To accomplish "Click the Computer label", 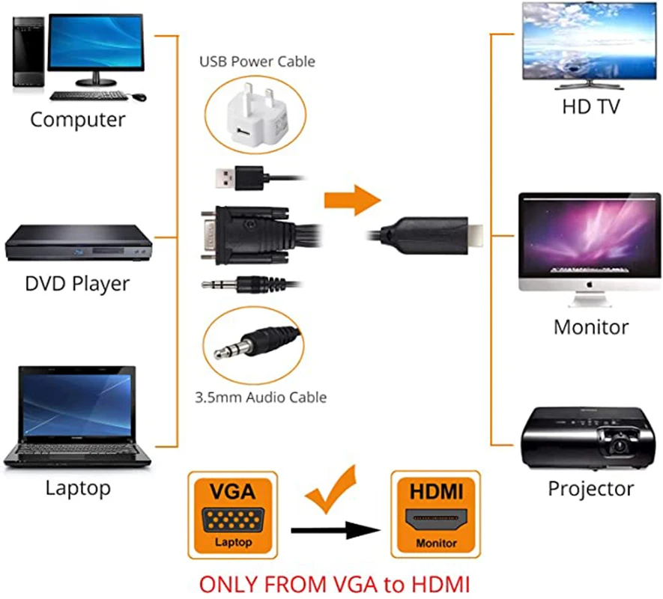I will (78, 120).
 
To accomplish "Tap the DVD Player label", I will (77, 284).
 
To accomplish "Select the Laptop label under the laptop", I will (78, 488).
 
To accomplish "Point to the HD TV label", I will (591, 106).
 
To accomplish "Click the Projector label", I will (590, 489).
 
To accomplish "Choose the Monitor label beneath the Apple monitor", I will (590, 326).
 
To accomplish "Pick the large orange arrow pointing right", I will (351, 199).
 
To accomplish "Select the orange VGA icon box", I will (231, 514).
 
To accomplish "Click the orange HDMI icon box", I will (435, 514).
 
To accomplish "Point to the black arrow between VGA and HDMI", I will (333, 532).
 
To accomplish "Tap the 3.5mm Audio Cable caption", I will (261, 397).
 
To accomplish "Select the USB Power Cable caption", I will (257, 61).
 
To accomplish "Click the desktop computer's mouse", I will (139, 97).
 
